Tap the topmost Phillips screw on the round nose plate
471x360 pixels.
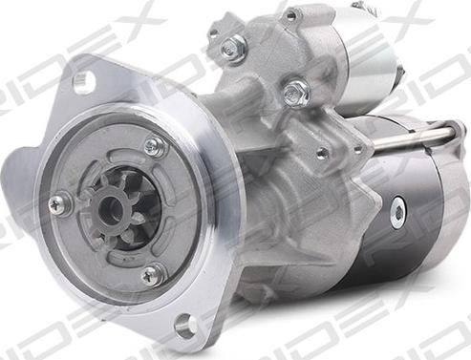(x=156, y=147)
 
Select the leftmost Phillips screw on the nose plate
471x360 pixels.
(x=60, y=204)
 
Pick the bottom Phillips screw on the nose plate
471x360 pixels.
(x=153, y=275)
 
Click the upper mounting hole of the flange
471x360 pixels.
(x=84, y=80)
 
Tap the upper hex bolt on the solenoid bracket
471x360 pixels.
(x=233, y=47)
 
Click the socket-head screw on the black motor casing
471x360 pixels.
(x=398, y=211)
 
